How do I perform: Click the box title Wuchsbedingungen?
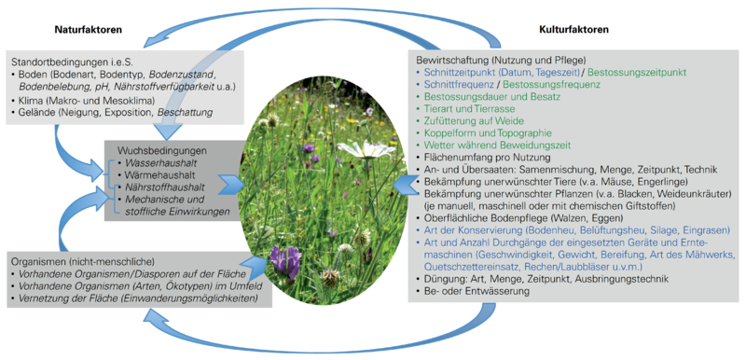pyautogui.click(x=162, y=150)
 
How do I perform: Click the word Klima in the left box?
pyautogui.click(x=31, y=100)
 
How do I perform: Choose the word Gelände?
pyautogui.click(x=36, y=112)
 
